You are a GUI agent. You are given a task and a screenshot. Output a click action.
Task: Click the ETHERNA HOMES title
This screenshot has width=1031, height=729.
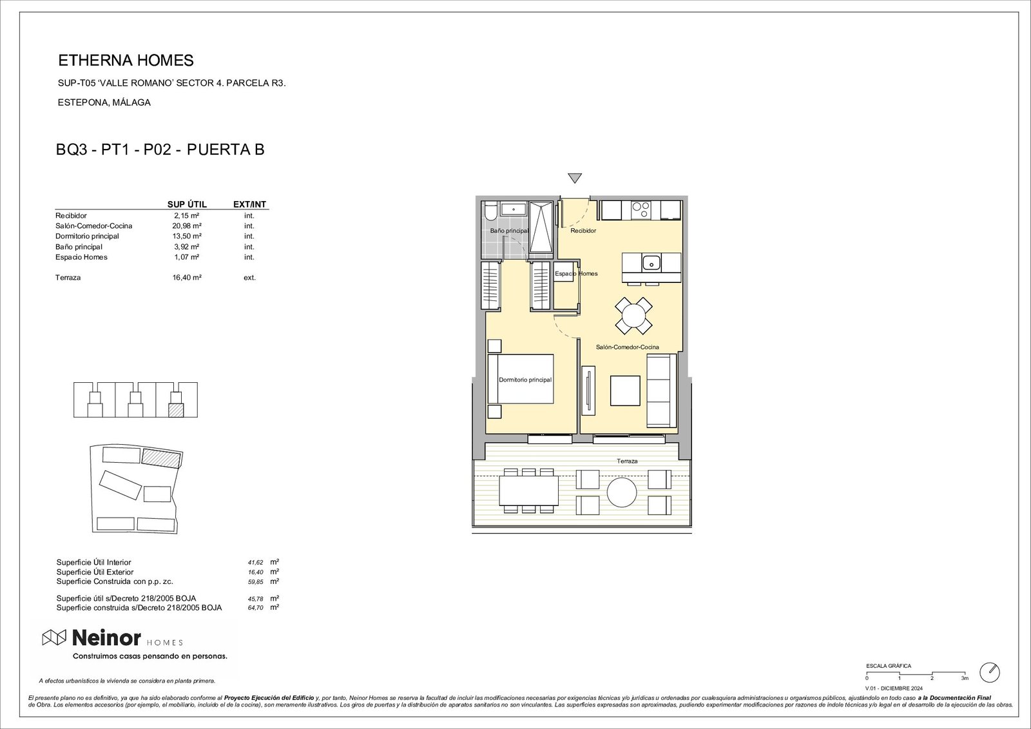pyautogui.click(x=126, y=61)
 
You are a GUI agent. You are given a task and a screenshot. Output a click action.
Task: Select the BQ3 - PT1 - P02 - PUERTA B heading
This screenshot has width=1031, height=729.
pyautogui.click(x=160, y=150)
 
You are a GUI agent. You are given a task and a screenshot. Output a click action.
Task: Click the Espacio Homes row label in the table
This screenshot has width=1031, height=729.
pyautogui.click(x=81, y=257)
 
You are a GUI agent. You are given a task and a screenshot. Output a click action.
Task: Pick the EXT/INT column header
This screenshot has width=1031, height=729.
pyautogui.click(x=249, y=204)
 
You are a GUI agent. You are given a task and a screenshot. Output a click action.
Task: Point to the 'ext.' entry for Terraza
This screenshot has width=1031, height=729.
pyautogui.click(x=249, y=278)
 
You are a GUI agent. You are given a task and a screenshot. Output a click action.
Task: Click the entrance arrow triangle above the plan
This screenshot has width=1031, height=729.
pyautogui.click(x=575, y=179)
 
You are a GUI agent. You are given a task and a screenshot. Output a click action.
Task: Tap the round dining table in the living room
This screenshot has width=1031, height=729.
pyautogui.click(x=633, y=315)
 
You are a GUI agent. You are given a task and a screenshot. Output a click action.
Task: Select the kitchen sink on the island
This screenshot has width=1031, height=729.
pyautogui.click(x=651, y=262)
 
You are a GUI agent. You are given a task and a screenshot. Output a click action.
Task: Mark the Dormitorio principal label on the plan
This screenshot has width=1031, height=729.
pyautogui.click(x=525, y=380)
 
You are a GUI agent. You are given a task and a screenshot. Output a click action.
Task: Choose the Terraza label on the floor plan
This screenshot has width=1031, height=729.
pyautogui.click(x=626, y=462)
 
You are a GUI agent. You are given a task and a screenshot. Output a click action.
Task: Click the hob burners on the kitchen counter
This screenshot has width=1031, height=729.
pyautogui.click(x=641, y=209)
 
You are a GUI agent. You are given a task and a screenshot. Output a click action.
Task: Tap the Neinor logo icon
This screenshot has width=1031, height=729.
pyautogui.click(x=54, y=638)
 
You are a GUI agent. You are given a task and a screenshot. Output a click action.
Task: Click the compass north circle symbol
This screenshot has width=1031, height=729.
pyautogui.click(x=989, y=672)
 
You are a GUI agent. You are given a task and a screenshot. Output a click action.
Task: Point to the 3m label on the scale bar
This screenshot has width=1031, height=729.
pyautogui.click(x=965, y=678)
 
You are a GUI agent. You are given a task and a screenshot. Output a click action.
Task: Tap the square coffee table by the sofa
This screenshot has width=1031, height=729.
pyautogui.click(x=625, y=390)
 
